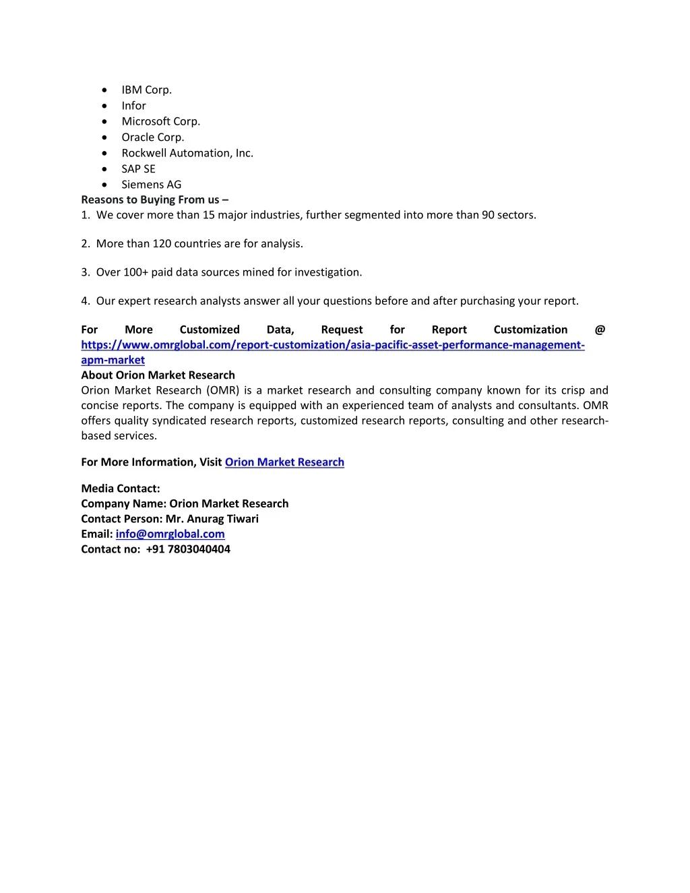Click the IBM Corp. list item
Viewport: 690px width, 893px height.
coord(146,90)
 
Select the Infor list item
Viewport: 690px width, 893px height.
coord(133,106)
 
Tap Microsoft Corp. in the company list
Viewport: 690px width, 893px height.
coord(160,121)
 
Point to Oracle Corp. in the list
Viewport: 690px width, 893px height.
coord(152,137)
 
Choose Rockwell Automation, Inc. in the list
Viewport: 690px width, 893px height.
coord(187,153)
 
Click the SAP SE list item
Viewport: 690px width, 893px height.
coord(138,169)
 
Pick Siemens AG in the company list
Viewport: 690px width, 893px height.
coord(151,185)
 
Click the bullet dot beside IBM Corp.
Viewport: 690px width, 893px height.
coord(104,90)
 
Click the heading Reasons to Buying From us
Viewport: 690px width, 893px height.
coord(154,199)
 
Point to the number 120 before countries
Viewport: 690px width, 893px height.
coord(162,244)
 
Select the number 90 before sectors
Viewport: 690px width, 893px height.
coord(488,215)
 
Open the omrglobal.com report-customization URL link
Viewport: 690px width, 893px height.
coord(332,345)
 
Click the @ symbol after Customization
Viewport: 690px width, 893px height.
coord(600,330)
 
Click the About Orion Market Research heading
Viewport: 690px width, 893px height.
coord(158,375)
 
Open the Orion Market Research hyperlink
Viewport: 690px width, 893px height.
coord(284,462)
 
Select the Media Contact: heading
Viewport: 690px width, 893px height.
coord(121,489)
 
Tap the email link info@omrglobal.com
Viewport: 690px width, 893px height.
coord(170,534)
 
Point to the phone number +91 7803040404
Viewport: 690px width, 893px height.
coord(188,549)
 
